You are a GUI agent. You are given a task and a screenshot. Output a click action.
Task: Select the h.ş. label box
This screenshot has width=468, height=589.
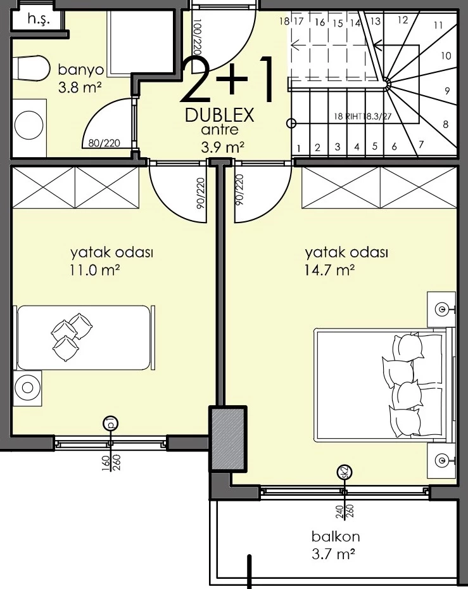[37, 20]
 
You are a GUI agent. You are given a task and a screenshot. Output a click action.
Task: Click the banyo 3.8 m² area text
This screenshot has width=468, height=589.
[79, 78]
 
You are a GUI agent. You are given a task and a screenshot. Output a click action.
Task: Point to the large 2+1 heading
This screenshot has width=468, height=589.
[229, 82]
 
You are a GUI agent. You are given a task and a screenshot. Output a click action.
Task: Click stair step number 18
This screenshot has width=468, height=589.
[284, 21]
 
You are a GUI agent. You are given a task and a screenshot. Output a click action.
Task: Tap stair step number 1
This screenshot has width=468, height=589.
[298, 148]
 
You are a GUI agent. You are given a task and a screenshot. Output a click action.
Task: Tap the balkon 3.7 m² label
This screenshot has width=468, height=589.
[332, 545]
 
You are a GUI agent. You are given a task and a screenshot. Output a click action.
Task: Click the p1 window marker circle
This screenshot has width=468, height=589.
[110, 424]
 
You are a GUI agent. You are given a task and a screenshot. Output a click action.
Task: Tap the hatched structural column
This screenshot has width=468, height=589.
[227, 438]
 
